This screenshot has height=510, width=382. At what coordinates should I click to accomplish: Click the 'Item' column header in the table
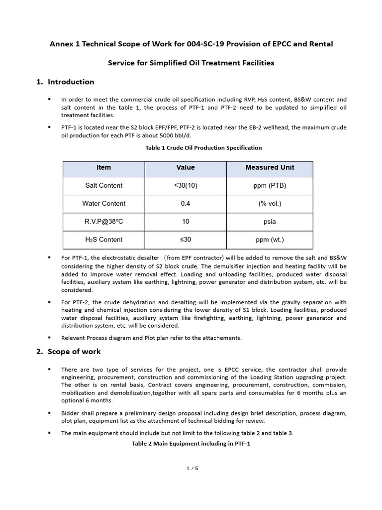[x=103, y=168]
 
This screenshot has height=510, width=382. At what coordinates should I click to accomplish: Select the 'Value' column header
[x=186, y=168]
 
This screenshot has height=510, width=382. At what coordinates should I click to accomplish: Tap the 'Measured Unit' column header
[x=270, y=168]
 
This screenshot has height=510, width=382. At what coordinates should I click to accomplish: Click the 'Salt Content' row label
[x=103, y=186]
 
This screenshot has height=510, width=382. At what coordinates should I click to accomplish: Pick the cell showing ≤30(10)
[x=186, y=186]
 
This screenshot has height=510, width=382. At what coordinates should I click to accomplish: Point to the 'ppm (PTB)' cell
[x=270, y=186]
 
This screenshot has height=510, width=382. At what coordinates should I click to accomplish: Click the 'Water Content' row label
[x=103, y=204]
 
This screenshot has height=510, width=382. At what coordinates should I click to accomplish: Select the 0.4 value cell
[x=186, y=204]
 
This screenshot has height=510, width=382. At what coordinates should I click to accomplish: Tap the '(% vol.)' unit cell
[x=270, y=204]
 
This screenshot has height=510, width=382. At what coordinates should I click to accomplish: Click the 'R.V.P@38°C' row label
[x=103, y=222]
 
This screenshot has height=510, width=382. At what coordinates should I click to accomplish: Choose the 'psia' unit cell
[x=270, y=222]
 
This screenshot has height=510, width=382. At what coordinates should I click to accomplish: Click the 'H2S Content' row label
[x=103, y=240]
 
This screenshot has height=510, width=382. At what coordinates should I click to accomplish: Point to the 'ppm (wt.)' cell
[x=270, y=240]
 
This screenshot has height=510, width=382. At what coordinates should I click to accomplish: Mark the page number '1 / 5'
[x=191, y=468]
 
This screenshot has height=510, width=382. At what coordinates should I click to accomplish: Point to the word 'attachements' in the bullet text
[x=221, y=338]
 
